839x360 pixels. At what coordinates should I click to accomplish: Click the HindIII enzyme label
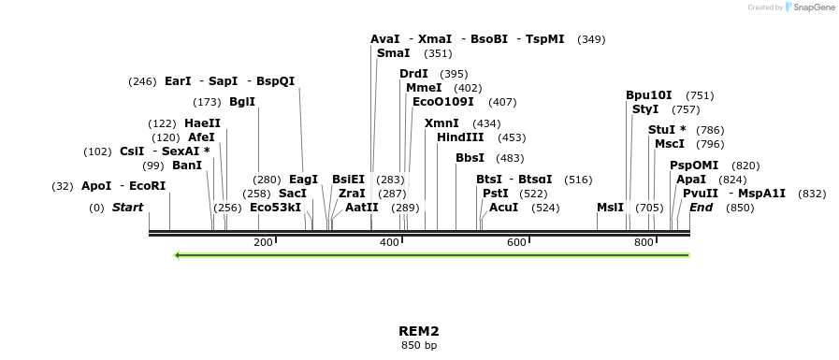click(460, 137)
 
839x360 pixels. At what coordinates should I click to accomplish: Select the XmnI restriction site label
click(441, 123)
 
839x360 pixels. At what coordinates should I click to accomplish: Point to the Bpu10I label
click(649, 95)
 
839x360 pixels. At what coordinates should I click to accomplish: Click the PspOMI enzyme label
click(694, 166)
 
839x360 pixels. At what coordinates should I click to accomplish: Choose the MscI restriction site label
click(670, 144)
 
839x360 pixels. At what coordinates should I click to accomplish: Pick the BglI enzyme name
click(242, 102)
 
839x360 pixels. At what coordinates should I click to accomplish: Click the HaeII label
click(203, 123)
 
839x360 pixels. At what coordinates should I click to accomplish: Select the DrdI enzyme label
click(413, 74)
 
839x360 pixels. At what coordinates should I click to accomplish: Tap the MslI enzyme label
click(610, 208)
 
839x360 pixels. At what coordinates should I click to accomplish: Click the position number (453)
click(512, 137)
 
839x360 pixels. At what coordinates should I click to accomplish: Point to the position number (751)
click(700, 95)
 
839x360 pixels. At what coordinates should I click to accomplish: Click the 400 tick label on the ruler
click(390, 243)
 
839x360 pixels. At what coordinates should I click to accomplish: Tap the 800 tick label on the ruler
click(644, 243)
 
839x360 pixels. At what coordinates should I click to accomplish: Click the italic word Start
click(128, 208)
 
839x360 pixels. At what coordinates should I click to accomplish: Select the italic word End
click(702, 208)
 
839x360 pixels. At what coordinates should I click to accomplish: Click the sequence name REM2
click(419, 331)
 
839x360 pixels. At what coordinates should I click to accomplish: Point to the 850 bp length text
click(419, 346)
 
